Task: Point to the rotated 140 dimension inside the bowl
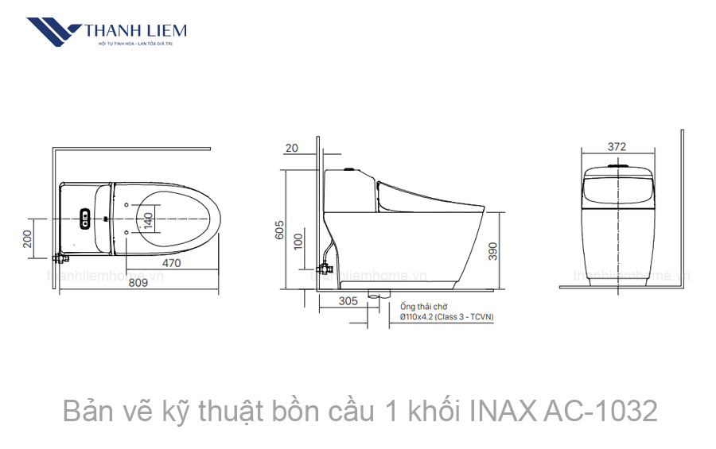[x=148, y=217]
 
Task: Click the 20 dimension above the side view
[x=291, y=147]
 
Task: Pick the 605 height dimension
[x=279, y=230]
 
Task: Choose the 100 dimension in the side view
[x=299, y=241]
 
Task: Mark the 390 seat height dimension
[x=493, y=251]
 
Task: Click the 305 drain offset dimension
[x=348, y=301]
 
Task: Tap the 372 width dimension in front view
[x=617, y=146]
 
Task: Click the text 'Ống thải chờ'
[x=424, y=306]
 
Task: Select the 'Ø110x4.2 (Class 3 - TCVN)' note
[x=447, y=317]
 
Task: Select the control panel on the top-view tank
[x=84, y=218]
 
